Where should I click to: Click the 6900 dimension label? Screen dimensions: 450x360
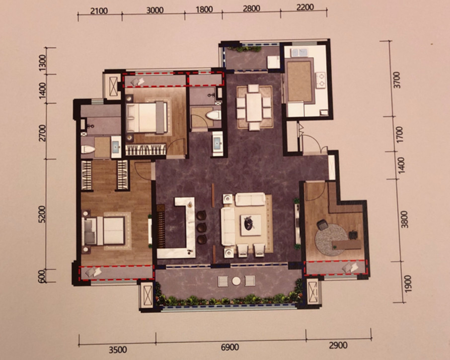click(x=230, y=347)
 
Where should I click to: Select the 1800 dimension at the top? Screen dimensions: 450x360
click(x=204, y=9)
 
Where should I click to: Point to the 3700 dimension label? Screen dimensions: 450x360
click(x=397, y=80)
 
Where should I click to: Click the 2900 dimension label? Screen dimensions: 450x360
click(x=338, y=345)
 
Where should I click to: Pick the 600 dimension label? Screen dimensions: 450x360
click(x=42, y=276)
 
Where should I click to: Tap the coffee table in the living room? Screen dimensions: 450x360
click(x=250, y=225)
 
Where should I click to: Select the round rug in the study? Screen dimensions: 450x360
click(x=332, y=237)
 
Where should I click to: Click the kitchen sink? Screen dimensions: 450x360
click(x=300, y=53)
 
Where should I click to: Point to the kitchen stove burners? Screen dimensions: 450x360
click(x=320, y=80)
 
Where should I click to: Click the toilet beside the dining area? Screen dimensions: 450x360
click(x=214, y=115)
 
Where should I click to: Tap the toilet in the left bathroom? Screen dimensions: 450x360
click(x=88, y=149)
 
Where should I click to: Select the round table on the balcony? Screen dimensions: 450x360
click(x=236, y=281)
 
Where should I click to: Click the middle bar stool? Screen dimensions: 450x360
click(x=202, y=227)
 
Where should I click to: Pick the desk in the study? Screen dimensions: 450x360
click(x=347, y=245)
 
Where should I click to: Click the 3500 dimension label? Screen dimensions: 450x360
click(x=118, y=350)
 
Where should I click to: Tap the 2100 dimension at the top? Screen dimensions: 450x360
click(x=99, y=11)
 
